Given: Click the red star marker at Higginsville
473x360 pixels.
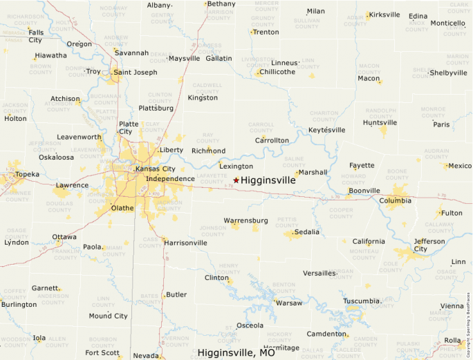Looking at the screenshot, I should (x=236, y=180).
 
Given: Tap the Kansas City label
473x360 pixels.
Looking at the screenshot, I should (x=155, y=169).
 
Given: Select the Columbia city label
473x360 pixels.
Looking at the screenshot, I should (x=395, y=201).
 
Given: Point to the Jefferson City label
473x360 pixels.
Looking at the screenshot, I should (x=429, y=245).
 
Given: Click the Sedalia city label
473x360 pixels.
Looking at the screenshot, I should (x=307, y=232).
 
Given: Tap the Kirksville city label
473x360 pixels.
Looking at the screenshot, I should (x=384, y=15).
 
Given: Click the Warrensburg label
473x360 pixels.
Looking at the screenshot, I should (x=245, y=220).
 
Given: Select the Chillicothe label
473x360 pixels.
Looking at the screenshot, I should (x=277, y=72).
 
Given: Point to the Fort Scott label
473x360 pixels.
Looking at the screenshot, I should (x=102, y=352).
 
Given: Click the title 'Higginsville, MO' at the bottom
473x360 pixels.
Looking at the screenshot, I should (x=236, y=352).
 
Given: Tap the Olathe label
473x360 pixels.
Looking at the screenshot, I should (x=122, y=207).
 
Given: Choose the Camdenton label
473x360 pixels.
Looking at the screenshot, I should (x=326, y=334).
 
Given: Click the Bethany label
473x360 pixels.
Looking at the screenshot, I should (x=221, y=4).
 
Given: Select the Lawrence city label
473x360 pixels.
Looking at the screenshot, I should (x=72, y=185).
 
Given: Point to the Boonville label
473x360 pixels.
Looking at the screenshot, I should (x=364, y=191).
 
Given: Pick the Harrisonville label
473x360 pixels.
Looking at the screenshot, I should (x=185, y=243).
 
